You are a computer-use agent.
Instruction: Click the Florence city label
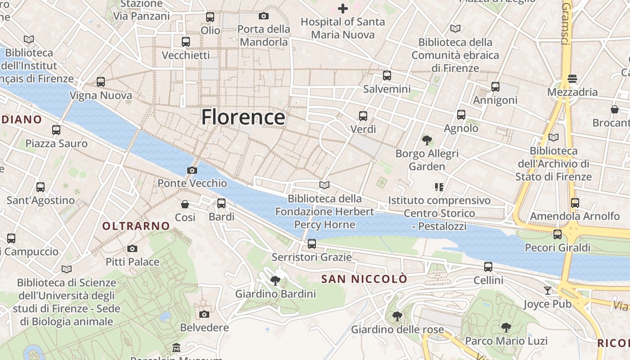point(243,117)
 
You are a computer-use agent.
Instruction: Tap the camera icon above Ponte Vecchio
point(192,170)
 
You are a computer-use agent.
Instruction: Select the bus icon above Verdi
point(363,116)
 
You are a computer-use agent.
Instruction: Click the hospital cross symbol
point(343,8)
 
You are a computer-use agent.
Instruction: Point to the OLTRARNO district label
point(136,226)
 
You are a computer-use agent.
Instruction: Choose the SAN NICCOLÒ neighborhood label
point(364,279)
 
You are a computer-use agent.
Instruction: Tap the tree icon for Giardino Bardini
point(275,281)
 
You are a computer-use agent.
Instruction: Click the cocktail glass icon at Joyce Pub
point(547,291)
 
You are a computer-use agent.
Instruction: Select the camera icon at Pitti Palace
point(132,248)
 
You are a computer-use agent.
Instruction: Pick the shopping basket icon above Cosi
point(184,204)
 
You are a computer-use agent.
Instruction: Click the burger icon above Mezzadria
point(572,79)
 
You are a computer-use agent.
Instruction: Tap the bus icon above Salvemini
point(387,76)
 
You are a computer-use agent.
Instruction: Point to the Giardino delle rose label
point(397,329)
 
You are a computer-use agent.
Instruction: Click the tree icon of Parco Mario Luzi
point(506,327)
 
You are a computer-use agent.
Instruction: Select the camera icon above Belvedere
point(204,314)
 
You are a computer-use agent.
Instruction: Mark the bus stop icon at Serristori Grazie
point(311,244)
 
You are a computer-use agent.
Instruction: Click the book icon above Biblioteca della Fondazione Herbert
point(324,185)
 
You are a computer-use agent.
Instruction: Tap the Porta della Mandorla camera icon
point(264,16)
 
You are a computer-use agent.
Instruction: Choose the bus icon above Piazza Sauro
point(56,130)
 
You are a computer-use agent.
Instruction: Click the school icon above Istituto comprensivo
point(439,187)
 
